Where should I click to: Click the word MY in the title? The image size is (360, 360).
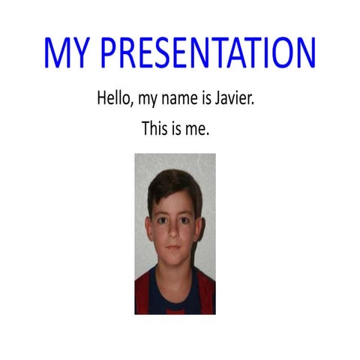[x=67, y=52]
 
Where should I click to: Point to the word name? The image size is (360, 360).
[x=184, y=99]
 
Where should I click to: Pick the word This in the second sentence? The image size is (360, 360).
[x=154, y=129]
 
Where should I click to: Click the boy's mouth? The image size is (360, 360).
[x=174, y=248]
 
